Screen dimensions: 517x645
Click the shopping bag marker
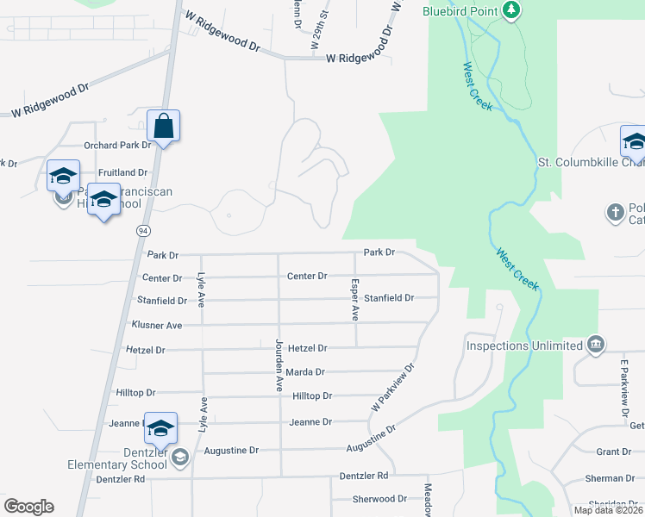(x=163, y=127)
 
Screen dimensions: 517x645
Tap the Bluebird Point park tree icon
(x=513, y=10)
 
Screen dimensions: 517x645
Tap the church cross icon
(x=615, y=211)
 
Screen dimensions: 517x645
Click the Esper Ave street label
(x=354, y=299)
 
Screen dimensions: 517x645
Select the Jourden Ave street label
(x=279, y=364)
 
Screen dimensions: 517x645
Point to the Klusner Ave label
(x=156, y=325)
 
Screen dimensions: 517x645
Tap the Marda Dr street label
(x=307, y=372)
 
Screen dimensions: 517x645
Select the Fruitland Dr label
(x=124, y=172)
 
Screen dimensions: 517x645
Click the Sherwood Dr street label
(x=379, y=499)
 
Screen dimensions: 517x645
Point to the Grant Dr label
(x=614, y=452)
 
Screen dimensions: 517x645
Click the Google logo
(x=28, y=507)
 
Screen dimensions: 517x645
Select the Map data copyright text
(x=608, y=510)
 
